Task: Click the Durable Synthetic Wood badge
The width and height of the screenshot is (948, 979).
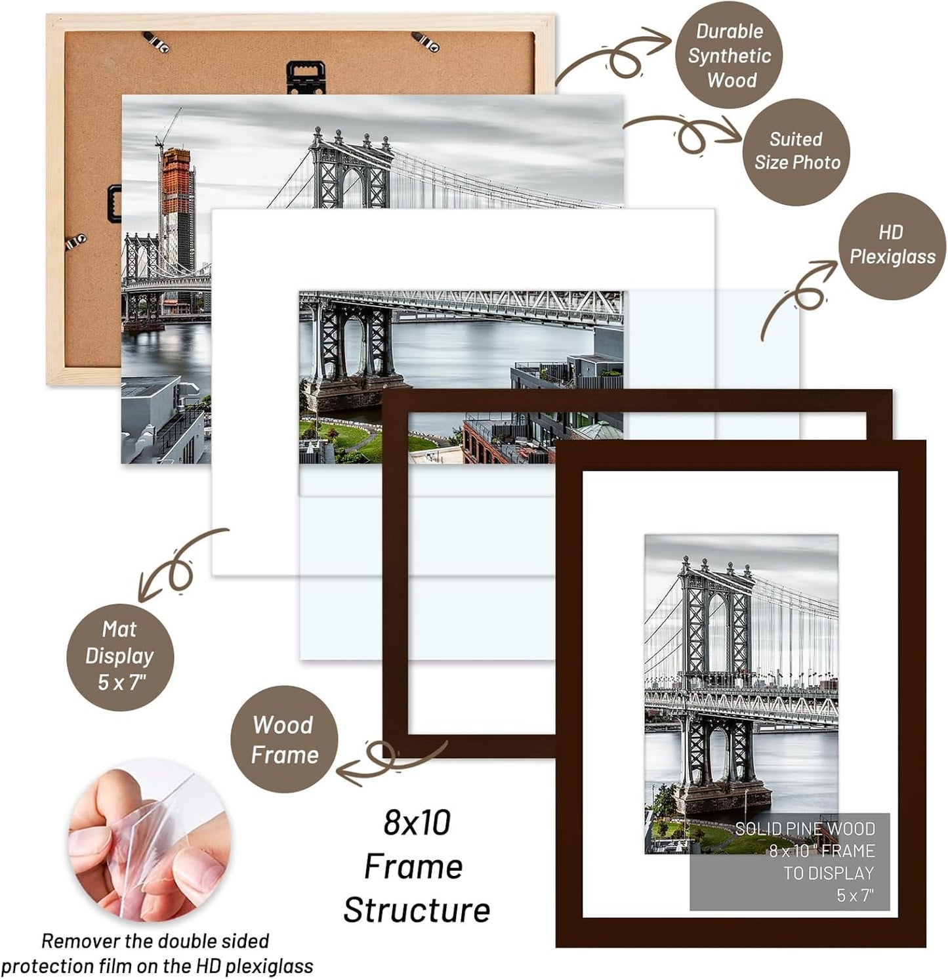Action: coord(729,56)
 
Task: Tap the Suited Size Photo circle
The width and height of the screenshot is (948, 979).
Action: coord(796,152)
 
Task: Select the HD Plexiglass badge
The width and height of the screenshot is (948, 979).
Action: coord(892,245)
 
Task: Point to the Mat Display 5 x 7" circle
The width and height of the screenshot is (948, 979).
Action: coord(119,656)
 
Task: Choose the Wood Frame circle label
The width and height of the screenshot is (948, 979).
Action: coord(284,739)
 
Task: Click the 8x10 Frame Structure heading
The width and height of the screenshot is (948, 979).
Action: coord(416,866)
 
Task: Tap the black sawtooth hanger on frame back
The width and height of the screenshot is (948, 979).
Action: coord(302,76)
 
